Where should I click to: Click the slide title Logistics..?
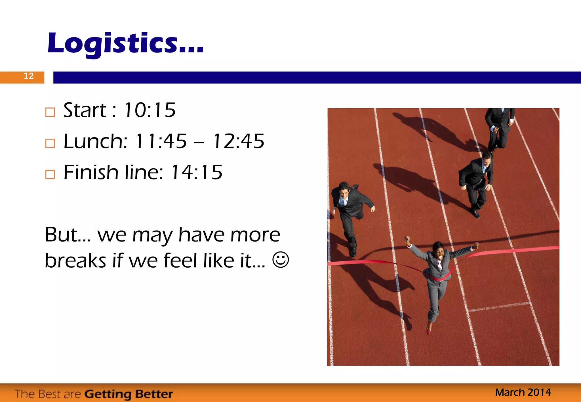125,43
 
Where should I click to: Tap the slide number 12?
29,76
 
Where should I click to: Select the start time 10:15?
150,110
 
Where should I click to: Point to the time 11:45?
161,141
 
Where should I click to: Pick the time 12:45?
239,141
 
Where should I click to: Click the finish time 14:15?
197,172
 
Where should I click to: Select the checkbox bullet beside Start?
50,112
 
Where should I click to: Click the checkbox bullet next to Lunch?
50,143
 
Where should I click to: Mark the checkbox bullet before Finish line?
50,174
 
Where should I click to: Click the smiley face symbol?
281,259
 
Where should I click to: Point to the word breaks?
75,261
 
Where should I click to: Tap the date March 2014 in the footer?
523,392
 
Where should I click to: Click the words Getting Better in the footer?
129,394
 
